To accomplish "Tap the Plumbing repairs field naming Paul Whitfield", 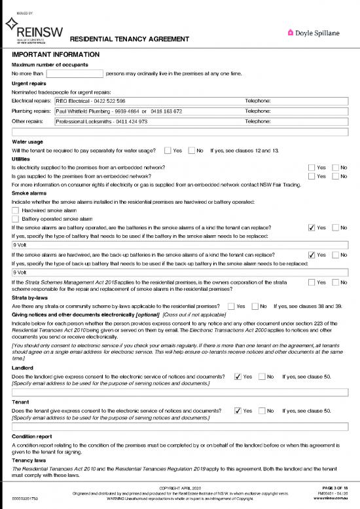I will pos(148,111).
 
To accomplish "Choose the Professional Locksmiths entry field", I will pos(148,121).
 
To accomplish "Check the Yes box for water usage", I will pos(168,151).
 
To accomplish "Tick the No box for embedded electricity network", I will pos(336,168).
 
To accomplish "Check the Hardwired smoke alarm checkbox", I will pos(16,210).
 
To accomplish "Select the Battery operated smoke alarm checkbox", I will pos(16,219).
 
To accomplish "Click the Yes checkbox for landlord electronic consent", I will pos(238,377).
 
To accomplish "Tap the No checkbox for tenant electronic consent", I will pos(262,411).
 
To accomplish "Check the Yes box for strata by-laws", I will pos(231,306).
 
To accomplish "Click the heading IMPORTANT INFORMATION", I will pos(56,54).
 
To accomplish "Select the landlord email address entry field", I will pos(180,393).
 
